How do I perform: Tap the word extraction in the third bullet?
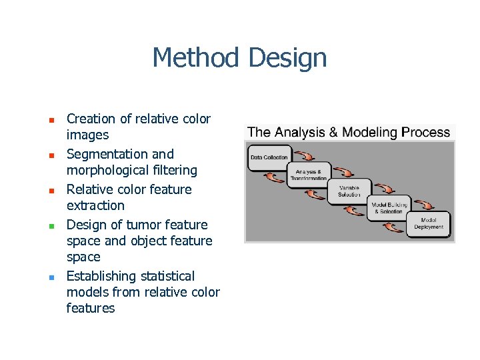[x=95, y=206]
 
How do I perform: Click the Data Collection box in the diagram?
[x=269, y=158]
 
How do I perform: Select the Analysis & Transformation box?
[x=309, y=175]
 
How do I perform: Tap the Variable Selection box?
[x=349, y=191]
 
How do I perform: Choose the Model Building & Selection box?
[x=388, y=207]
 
